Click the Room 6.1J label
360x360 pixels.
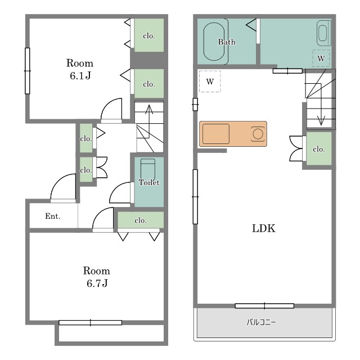(x=80, y=69)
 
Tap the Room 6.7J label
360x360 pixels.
(x=97, y=277)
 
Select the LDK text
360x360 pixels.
(x=264, y=228)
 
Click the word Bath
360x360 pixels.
(x=227, y=42)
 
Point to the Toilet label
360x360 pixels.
(x=149, y=182)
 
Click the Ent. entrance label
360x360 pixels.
(x=52, y=216)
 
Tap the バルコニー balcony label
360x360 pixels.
(x=261, y=322)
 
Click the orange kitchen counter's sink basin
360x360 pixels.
(x=216, y=134)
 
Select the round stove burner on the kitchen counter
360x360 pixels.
(x=258, y=134)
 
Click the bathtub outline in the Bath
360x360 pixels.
(x=214, y=42)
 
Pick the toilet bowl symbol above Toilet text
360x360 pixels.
(x=148, y=167)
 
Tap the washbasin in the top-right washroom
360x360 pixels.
(x=323, y=34)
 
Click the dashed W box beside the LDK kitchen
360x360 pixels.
(x=210, y=82)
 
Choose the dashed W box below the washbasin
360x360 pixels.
(x=321, y=58)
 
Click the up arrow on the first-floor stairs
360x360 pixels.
(x=149, y=121)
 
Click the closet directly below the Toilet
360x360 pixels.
(x=141, y=220)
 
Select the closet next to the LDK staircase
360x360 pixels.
(x=319, y=148)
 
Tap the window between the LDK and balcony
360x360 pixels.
(x=264, y=306)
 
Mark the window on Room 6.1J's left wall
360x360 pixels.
(x=28, y=71)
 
